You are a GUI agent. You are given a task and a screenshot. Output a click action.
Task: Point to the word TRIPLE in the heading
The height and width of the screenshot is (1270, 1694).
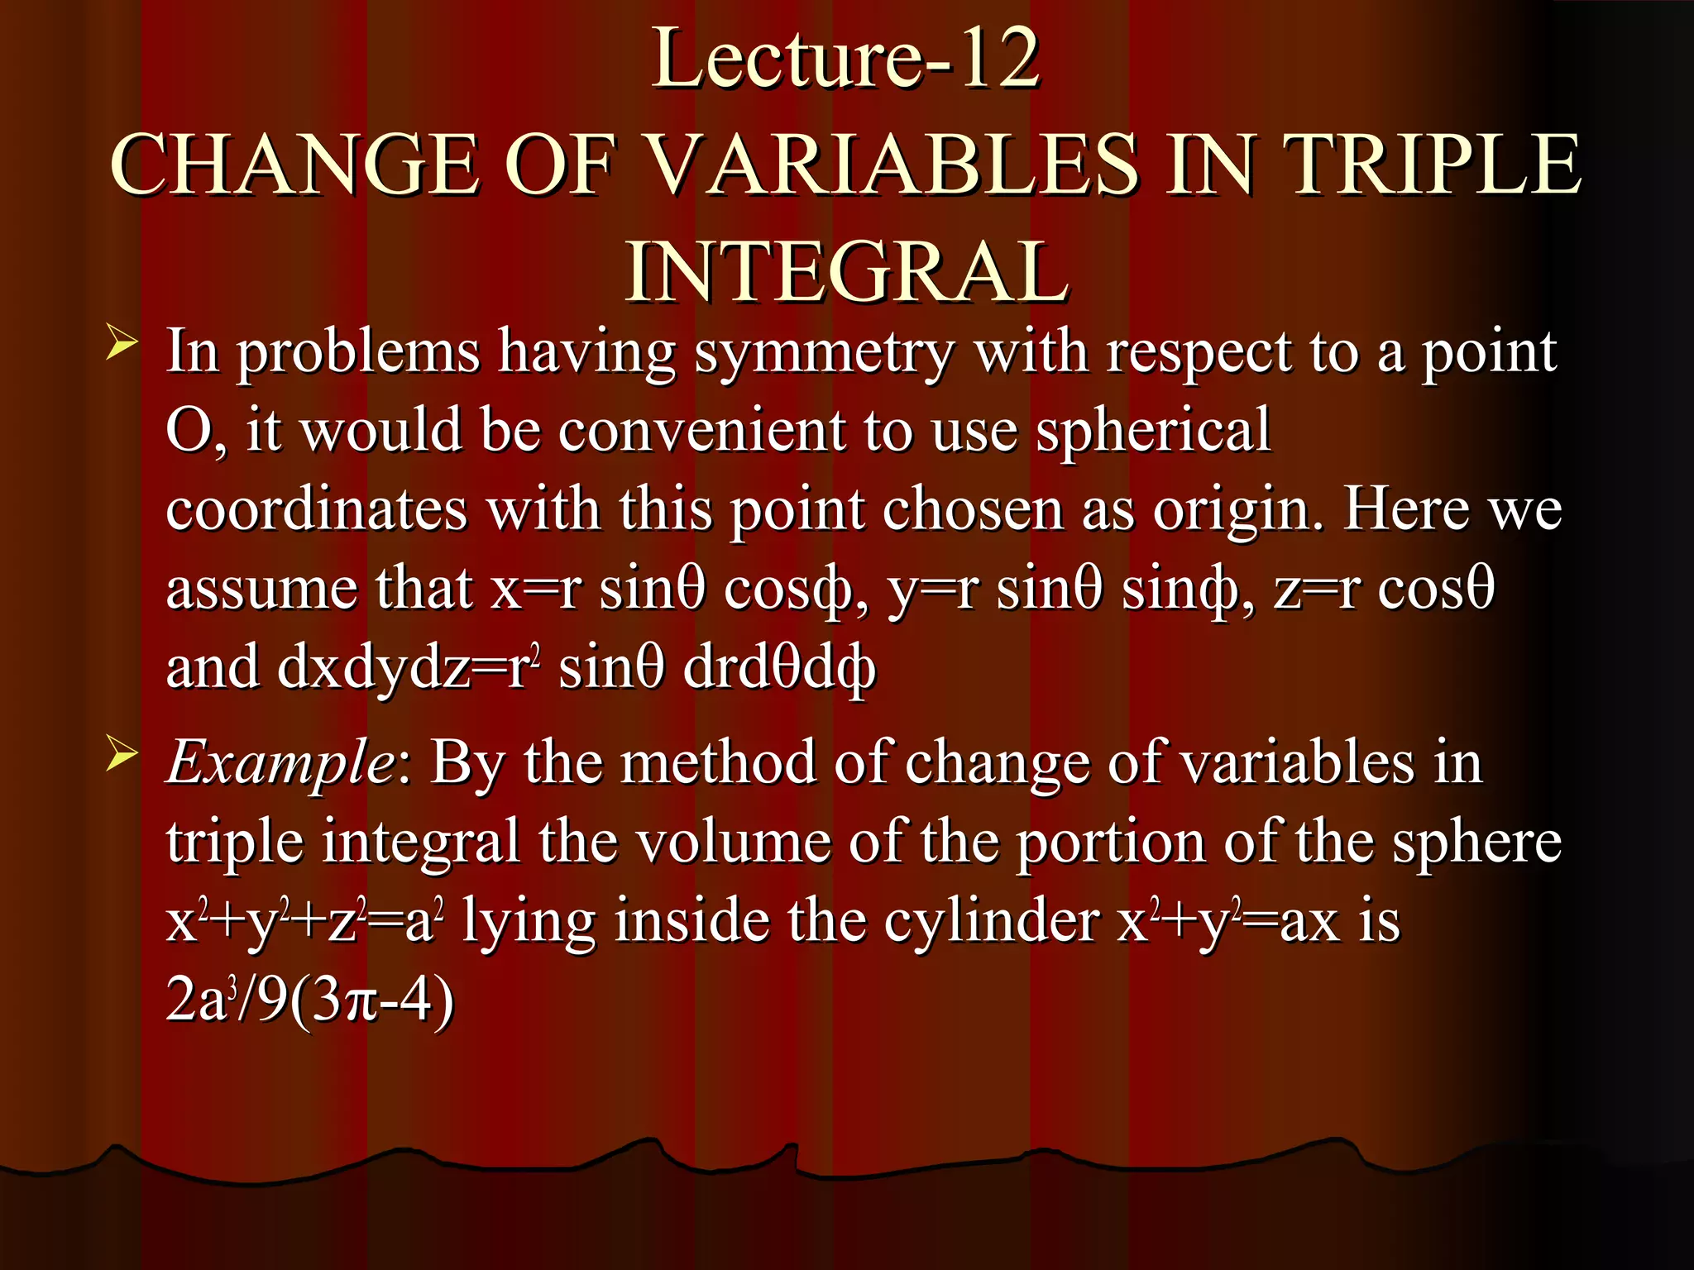coord(1435,165)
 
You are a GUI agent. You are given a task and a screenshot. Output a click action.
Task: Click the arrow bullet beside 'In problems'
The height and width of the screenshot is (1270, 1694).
coord(122,343)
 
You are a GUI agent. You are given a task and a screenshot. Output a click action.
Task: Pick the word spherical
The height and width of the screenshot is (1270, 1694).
coord(1153,430)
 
